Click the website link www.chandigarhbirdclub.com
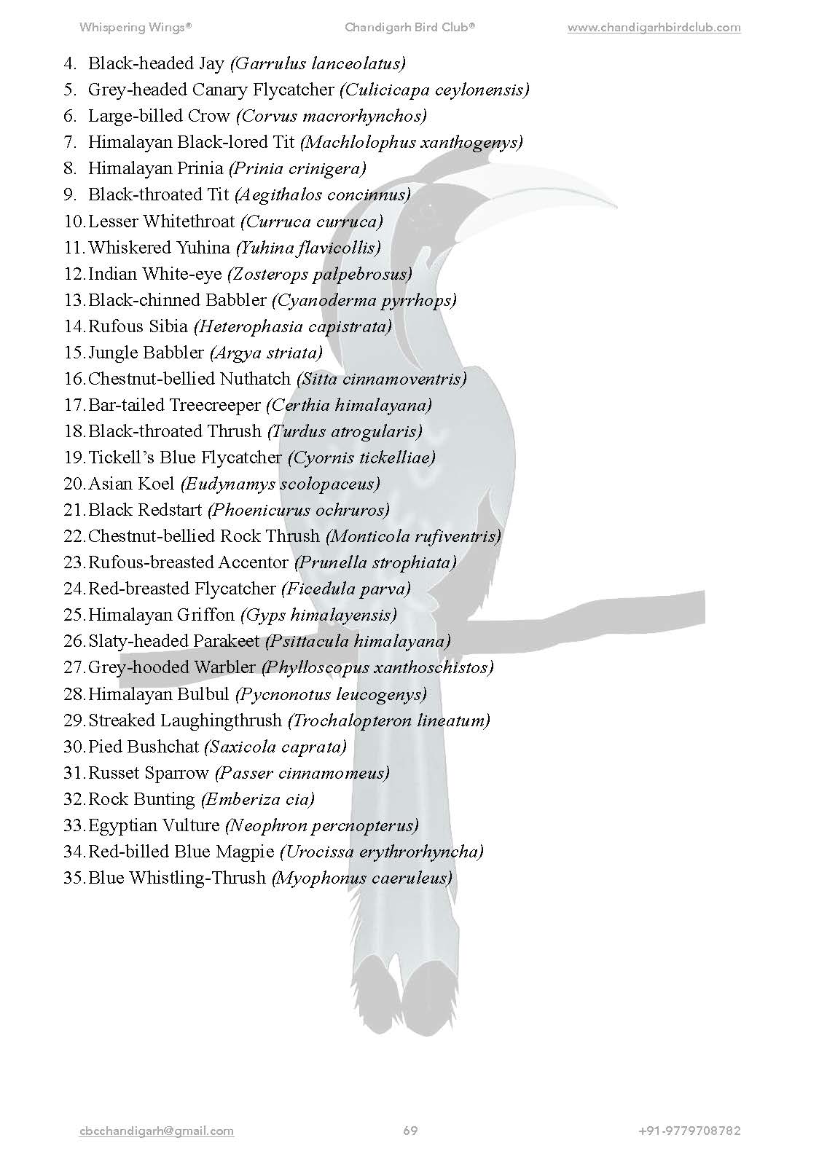tap(654, 28)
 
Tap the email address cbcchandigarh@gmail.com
tap(157, 1131)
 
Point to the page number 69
tap(410, 1131)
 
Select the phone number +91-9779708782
tap(689, 1131)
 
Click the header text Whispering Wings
tap(136, 28)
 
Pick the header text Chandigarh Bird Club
tap(409, 28)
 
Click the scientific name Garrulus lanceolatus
tap(318, 64)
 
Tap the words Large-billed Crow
tap(159, 117)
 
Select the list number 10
tap(74, 221)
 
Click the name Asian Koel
tap(131, 484)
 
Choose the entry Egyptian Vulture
tap(154, 825)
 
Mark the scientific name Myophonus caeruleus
tap(361, 878)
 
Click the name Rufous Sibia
tap(138, 326)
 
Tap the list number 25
tap(74, 615)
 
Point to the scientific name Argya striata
tap(266, 353)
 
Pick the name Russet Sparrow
tap(149, 773)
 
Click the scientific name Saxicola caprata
tap(275, 747)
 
